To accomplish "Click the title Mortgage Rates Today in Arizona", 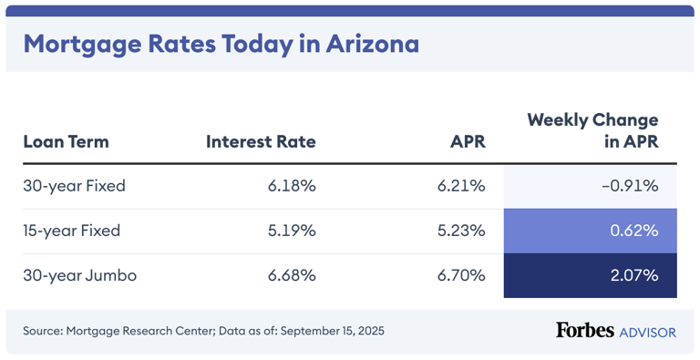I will pos(221,44).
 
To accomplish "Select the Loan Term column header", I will pos(66,141).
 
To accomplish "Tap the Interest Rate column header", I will pos(261,141).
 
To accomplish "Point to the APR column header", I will pos(468,141).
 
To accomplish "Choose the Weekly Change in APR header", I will pos(592,130).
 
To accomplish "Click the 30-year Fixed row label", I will pos(74,186).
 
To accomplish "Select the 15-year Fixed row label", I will pos(72,231).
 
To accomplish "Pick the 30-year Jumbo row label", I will pos(79,275).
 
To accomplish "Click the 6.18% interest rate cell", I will pos(292,186).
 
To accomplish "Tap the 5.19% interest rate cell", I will pos(292,231).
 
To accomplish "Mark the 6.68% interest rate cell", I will pos(292,275).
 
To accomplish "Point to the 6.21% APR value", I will pos(461,186).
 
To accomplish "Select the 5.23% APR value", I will pos(461,231).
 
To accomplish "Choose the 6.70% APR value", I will pos(461,275).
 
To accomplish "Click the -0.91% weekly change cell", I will pos(629,186).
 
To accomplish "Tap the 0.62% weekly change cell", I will pos(633,231).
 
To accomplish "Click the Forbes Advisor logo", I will pos(615,330).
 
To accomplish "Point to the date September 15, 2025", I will pos(332,331).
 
